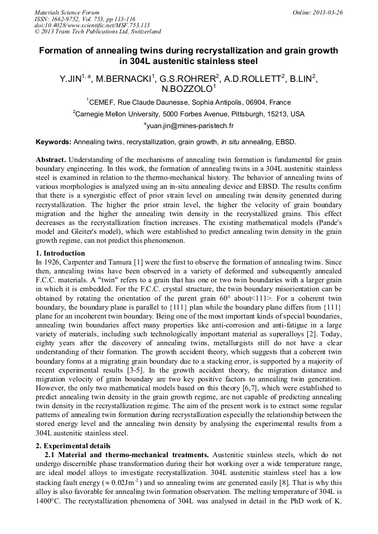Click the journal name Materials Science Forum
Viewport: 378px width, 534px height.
click(x=67, y=12)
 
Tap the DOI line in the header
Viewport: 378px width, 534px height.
click(x=92, y=25)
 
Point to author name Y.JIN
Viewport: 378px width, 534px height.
click(x=72, y=80)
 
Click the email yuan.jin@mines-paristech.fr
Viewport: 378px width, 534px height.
click(x=190, y=126)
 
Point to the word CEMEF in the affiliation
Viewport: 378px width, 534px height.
click(x=103, y=102)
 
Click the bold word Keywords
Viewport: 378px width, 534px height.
click(x=53, y=143)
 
